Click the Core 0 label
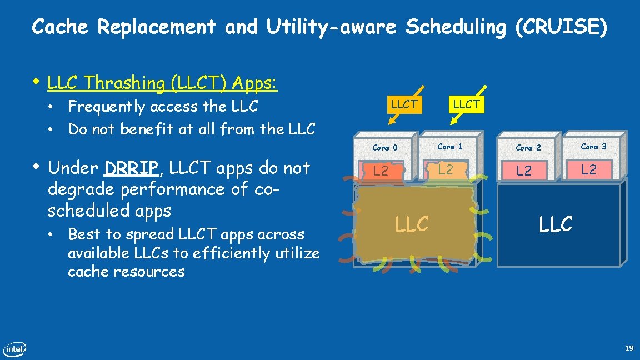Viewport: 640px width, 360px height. click(385, 148)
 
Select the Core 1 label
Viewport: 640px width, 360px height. click(450, 147)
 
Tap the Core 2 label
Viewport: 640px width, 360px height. click(528, 148)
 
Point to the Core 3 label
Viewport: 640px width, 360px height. click(593, 147)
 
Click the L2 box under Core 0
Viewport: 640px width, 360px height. click(381, 171)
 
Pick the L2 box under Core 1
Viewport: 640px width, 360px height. click(446, 169)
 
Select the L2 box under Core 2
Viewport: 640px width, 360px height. click(524, 171)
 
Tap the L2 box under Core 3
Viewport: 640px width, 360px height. click(589, 169)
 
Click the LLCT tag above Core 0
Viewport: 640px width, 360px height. click(404, 104)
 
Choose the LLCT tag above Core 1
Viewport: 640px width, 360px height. click(466, 104)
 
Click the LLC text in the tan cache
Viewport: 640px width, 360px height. click(412, 224)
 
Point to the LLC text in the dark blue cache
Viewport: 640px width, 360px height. click(556, 224)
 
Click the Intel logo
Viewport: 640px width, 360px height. click(14, 349)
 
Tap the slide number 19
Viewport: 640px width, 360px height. click(629, 348)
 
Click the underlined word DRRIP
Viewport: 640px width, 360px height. click(131, 168)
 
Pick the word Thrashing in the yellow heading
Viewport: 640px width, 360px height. click(127, 83)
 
